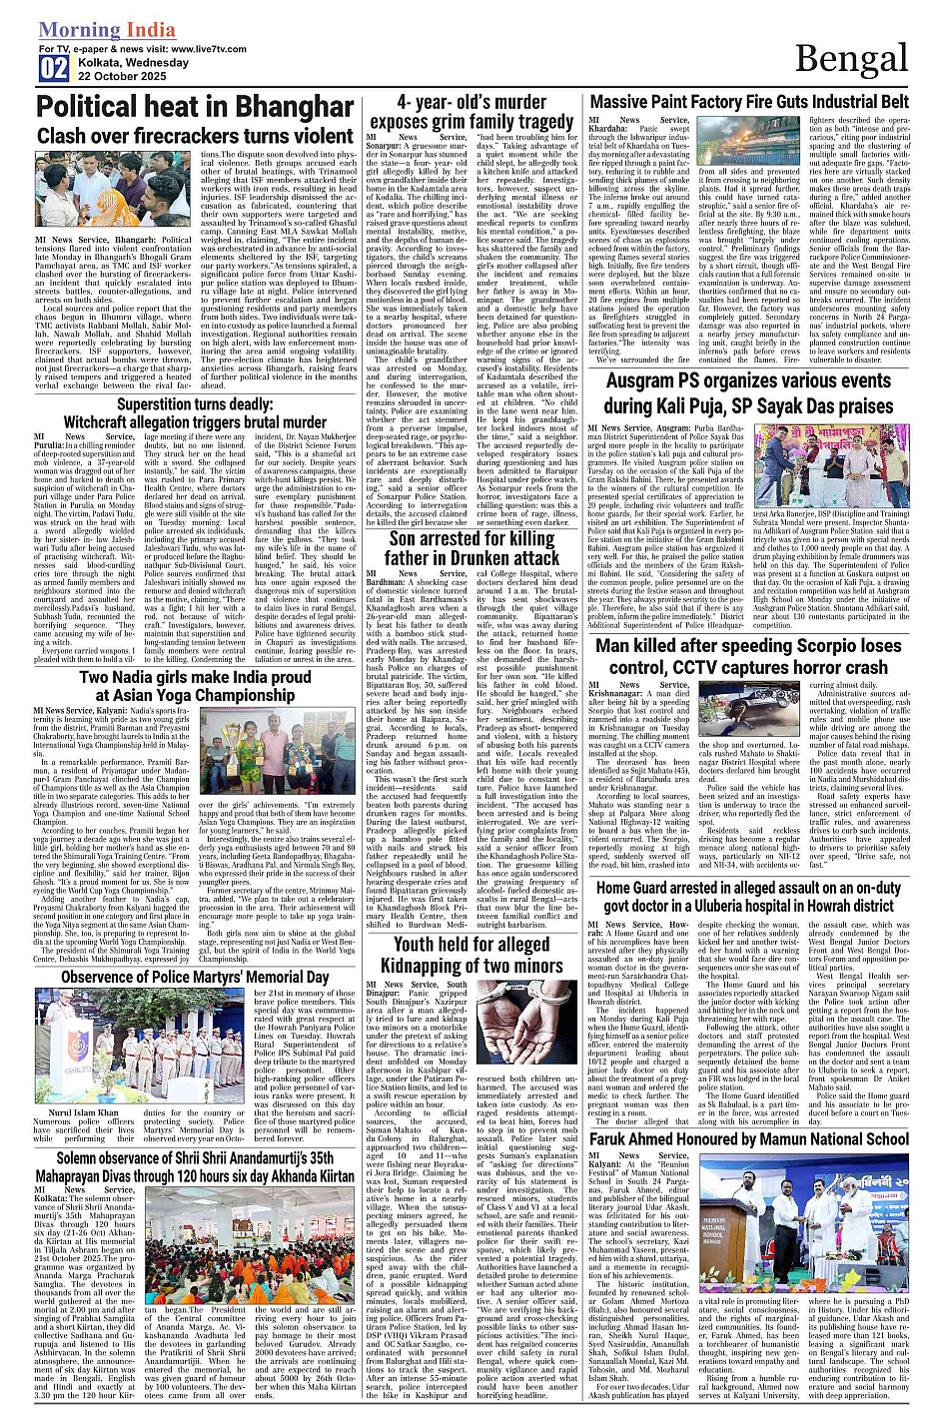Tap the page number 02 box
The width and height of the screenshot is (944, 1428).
point(54,69)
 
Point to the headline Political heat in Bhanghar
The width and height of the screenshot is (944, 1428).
point(195,108)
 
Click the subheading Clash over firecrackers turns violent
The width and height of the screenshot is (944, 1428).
point(195,136)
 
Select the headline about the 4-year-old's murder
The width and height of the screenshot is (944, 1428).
point(472,112)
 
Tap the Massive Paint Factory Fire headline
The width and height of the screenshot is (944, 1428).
point(749,102)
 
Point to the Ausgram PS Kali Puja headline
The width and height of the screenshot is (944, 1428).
point(749,393)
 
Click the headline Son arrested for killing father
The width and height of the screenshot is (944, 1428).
point(472,549)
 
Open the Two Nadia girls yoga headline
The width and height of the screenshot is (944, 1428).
point(195,686)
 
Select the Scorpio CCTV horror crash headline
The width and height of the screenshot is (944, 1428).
point(749,656)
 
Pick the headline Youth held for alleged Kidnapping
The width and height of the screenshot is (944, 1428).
point(472,955)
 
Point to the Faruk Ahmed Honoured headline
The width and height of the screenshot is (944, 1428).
point(749,1138)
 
